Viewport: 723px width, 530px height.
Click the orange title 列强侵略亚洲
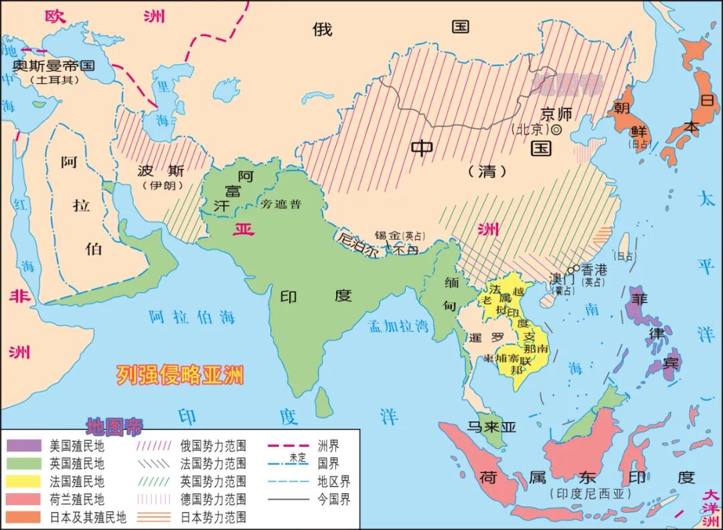179,375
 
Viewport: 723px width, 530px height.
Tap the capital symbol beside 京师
556,129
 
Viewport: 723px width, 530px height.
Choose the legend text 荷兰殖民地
77,499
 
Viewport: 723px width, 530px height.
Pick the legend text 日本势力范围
213,517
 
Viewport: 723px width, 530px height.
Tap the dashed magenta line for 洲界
290,445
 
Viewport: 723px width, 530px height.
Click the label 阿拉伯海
192,317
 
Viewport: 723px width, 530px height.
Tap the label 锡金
388,235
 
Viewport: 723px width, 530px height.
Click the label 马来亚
492,426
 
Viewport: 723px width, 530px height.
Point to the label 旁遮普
281,204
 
